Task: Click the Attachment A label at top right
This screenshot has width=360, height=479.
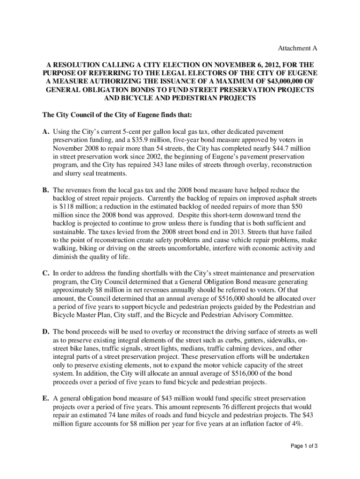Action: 298,49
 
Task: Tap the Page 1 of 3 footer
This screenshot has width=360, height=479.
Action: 303,446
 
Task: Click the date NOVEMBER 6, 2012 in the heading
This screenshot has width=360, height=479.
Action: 228,64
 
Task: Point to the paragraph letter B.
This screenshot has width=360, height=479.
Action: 45,190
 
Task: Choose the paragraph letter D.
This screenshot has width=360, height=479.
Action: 45,331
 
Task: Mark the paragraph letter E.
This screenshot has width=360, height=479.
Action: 45,399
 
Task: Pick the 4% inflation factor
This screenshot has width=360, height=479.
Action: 295,424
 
